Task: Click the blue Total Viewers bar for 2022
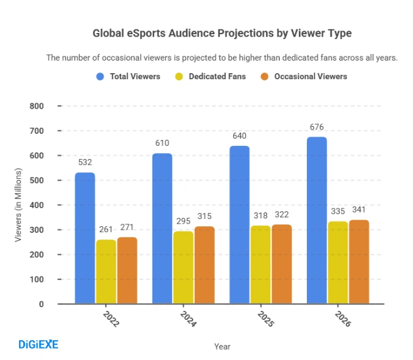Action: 85,238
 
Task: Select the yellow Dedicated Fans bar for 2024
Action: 183,268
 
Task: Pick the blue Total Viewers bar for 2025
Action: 239,225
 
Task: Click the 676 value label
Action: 316,127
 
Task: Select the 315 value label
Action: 204,216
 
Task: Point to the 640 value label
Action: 239,136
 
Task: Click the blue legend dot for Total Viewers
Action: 100,77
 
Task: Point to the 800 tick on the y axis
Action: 37,106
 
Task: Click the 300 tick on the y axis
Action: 37,230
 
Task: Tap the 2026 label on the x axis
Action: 342,319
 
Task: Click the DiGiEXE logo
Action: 38,344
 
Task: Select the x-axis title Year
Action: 222,346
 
